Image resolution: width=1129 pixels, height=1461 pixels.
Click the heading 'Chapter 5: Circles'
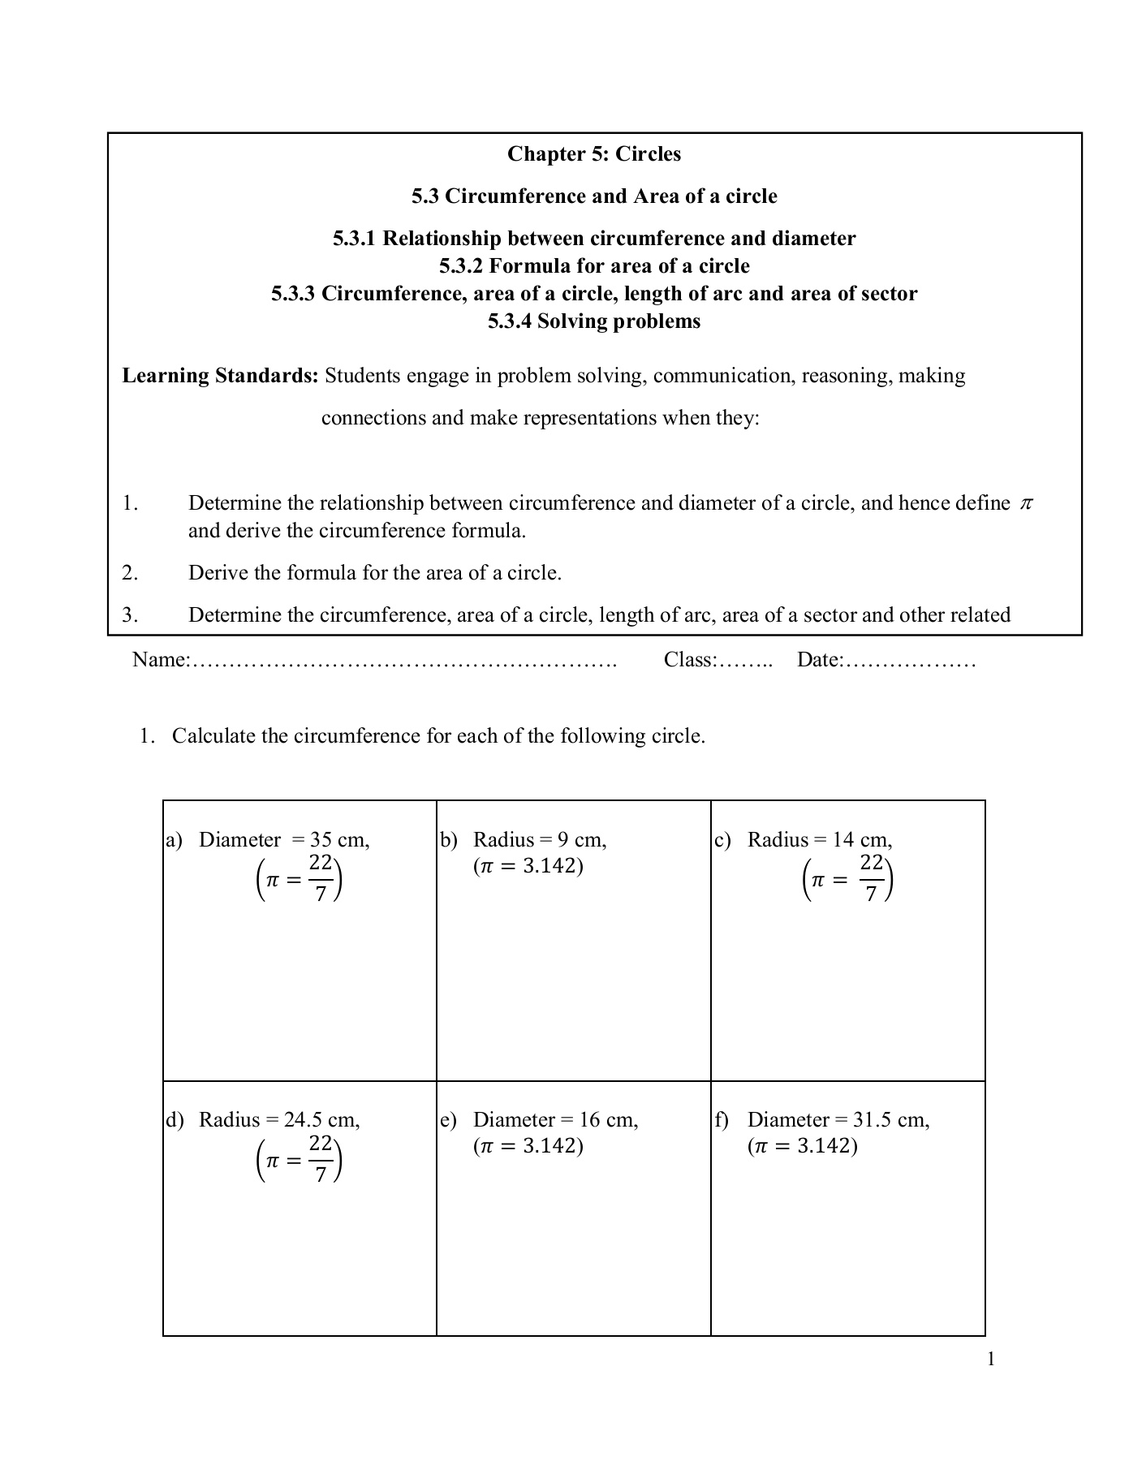[x=594, y=154]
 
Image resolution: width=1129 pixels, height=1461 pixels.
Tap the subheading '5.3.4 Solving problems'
[x=594, y=321]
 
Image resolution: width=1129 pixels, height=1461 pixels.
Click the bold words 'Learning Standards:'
[x=220, y=376]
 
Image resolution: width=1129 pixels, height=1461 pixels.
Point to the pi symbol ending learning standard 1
[x=1026, y=504]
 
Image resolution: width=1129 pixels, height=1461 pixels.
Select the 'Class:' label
[x=690, y=660]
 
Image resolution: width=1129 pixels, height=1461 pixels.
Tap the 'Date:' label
[x=820, y=660]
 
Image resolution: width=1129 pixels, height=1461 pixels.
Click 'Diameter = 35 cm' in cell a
[x=284, y=840]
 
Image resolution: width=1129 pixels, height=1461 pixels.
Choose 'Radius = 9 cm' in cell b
[x=540, y=840]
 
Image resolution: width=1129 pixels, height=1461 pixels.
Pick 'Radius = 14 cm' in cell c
[x=820, y=840]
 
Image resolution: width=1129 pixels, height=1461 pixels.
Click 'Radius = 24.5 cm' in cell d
[x=279, y=1120]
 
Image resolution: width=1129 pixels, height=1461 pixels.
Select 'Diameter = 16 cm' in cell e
[x=556, y=1120]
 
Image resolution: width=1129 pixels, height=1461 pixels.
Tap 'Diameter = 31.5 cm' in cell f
[x=838, y=1120]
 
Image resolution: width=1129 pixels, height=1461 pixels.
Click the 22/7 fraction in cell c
[x=871, y=879]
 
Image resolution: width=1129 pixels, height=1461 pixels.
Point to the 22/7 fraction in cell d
[x=321, y=1159]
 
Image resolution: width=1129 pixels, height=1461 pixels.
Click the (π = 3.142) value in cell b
[x=528, y=866]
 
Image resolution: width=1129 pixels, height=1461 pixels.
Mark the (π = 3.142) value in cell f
[x=803, y=1146]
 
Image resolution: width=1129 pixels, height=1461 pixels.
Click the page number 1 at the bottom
[x=990, y=1359]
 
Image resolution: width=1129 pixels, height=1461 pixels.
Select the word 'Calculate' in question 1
[x=213, y=736]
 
